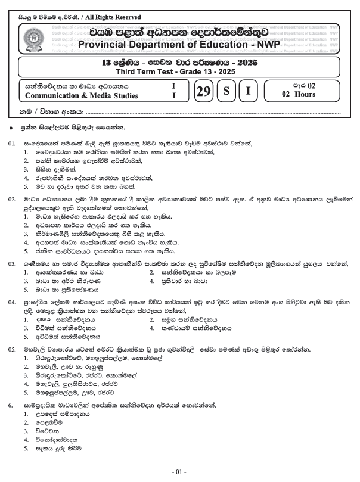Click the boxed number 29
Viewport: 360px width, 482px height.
(x=203, y=92)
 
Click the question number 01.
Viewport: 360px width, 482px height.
(x=11, y=143)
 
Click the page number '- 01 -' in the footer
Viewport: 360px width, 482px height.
(x=179, y=472)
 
